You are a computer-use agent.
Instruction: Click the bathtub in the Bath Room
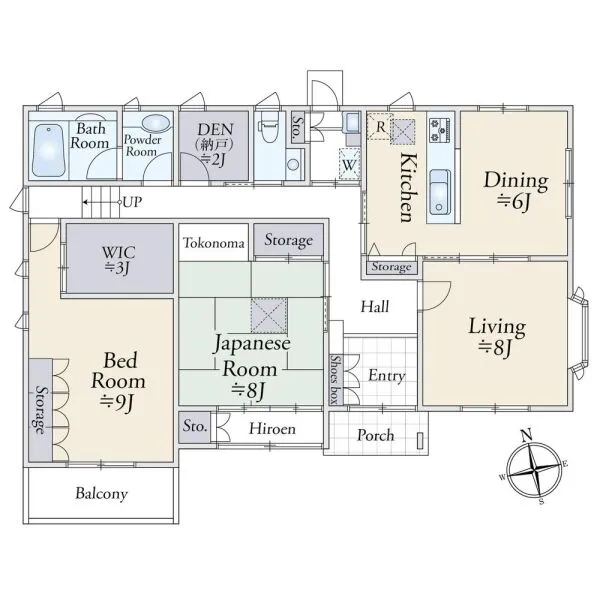tap(49, 150)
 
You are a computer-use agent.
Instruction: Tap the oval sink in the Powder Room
tap(156, 123)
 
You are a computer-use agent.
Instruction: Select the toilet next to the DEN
tap(269, 127)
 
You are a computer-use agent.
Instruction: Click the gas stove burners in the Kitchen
tap(440, 130)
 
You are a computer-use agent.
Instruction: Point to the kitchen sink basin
tap(440, 192)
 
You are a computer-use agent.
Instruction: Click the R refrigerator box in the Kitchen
tap(380, 126)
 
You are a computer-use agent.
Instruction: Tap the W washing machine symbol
tap(349, 164)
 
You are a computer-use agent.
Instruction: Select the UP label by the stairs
tap(132, 202)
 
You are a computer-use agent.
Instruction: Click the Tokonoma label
tap(214, 243)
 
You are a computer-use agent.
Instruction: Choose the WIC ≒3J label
tap(118, 260)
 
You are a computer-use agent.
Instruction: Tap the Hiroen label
tap(272, 429)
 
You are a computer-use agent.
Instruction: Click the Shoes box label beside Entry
tap(336, 380)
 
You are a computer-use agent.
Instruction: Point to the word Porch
tap(375, 435)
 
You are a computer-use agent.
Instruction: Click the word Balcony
tap(101, 493)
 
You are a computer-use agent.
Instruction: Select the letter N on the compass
tap(527, 435)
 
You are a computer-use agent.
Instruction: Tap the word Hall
tap(375, 307)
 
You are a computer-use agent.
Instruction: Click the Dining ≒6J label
tap(516, 191)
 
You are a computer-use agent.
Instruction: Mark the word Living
tap(497, 327)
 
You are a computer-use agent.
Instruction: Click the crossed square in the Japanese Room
tap(269, 316)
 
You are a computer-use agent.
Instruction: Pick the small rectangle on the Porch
tap(420, 440)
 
